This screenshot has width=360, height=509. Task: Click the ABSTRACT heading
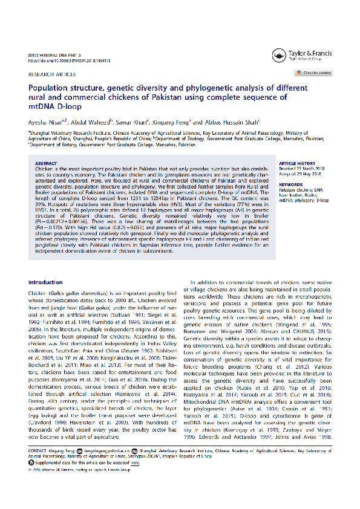pyautogui.click(x=46, y=164)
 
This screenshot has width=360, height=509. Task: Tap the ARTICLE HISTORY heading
pyautogui.click(x=297, y=164)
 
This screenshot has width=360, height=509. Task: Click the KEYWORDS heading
pyautogui.click(x=290, y=184)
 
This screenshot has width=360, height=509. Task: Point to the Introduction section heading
pyautogui.click(x=45, y=282)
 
